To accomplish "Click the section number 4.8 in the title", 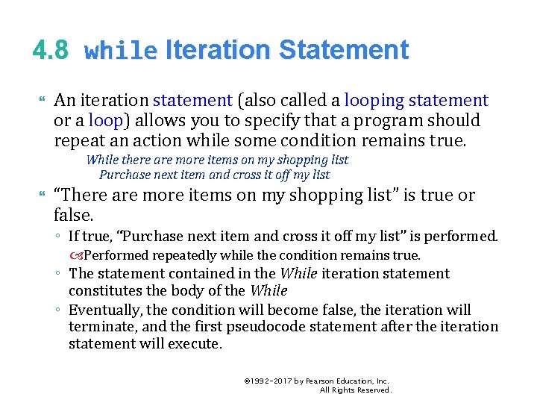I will pos(50,50).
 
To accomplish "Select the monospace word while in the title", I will pos(121,51).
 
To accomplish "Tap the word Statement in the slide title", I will pos(344,50).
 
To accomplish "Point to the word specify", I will pos(237,120).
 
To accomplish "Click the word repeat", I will pos(78,141).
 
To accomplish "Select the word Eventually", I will pos(106,310).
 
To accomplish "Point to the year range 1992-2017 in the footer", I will pos(271,381).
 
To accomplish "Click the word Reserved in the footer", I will pos(374,390).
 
